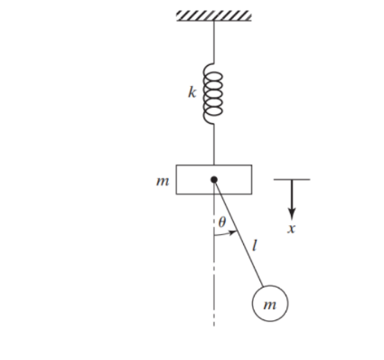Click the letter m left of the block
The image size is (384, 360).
click(x=163, y=181)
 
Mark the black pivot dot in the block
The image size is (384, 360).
click(x=214, y=179)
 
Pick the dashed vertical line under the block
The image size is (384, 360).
click(x=214, y=271)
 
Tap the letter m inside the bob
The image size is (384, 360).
click(x=268, y=305)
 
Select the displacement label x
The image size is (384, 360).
click(x=291, y=229)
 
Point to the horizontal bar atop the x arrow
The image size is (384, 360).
click(x=291, y=179)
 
